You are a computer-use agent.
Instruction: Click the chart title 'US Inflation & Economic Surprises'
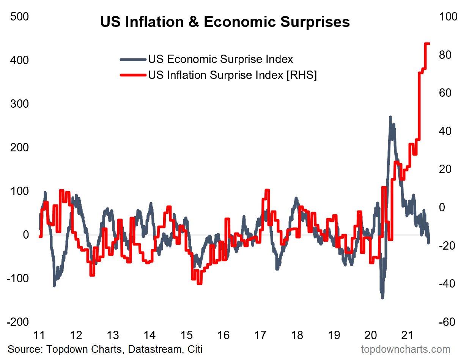point(225,22)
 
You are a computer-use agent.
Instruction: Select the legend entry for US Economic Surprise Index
point(220,59)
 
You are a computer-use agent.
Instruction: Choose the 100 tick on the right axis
point(449,17)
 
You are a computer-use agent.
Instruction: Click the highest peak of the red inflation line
point(427,44)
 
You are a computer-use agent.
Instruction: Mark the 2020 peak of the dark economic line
point(390,117)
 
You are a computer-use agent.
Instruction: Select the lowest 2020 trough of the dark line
point(382,297)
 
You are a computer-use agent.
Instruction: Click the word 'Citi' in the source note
point(194,349)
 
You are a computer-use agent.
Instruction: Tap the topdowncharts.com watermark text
point(405,349)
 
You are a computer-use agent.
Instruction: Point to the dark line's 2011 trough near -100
point(54,285)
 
